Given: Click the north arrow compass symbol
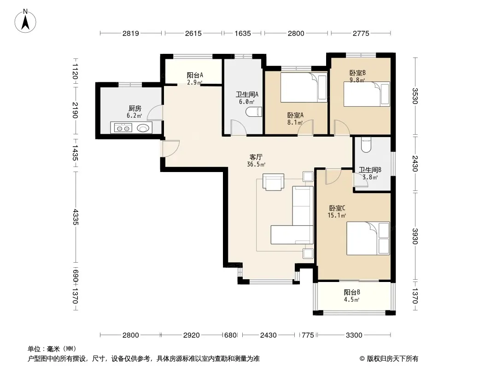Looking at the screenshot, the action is pyautogui.click(x=25, y=21).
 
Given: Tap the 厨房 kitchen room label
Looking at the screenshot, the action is pyautogui.click(x=134, y=109).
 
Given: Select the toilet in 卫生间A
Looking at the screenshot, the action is pyautogui.click(x=254, y=112).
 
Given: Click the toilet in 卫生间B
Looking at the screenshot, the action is pyautogui.click(x=366, y=145).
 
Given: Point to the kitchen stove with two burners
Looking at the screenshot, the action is pyautogui.click(x=123, y=128).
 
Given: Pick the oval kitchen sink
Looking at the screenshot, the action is pyautogui.click(x=143, y=128).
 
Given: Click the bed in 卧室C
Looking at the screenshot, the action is pyautogui.click(x=368, y=238).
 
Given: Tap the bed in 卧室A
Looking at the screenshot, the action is pyautogui.click(x=304, y=87).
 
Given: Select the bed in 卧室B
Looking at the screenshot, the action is pyautogui.click(x=367, y=94).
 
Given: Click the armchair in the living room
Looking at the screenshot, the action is pyautogui.click(x=274, y=182).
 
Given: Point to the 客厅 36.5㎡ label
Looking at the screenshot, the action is pyautogui.click(x=256, y=161).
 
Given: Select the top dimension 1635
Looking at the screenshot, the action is pyautogui.click(x=243, y=33).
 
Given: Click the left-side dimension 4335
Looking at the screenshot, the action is pyautogui.click(x=76, y=217).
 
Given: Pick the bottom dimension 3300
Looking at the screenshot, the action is pyautogui.click(x=354, y=335).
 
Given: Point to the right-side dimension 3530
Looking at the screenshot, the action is pyautogui.click(x=415, y=96).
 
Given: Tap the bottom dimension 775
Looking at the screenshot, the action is pyautogui.click(x=308, y=335).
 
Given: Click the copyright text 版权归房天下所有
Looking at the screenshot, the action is pyautogui.click(x=392, y=359).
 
